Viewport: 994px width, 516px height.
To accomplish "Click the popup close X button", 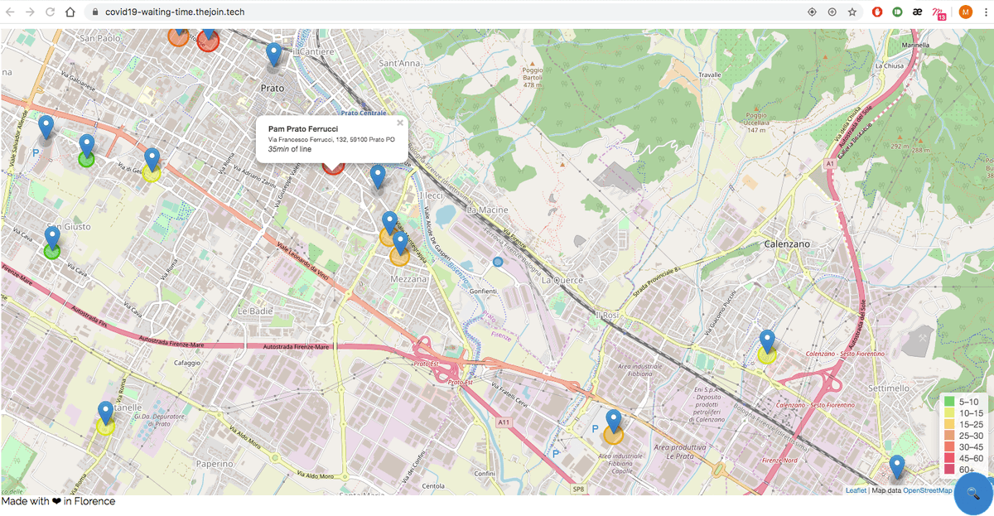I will click(400, 123).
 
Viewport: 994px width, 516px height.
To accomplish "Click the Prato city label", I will click(273, 87).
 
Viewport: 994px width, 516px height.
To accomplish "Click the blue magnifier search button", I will click(973, 494).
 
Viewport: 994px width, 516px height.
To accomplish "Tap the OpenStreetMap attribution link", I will click(927, 490).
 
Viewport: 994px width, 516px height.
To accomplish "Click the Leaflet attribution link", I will click(856, 490).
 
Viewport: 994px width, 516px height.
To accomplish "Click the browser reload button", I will click(50, 12).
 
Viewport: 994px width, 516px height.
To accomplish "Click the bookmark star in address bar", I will click(852, 12).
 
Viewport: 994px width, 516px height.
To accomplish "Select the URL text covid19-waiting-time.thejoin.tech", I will click(174, 12).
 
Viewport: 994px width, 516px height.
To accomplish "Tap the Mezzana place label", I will click(409, 279).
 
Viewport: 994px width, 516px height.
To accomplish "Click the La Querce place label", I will click(562, 280).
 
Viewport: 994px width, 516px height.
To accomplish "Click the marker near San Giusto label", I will click(52, 239).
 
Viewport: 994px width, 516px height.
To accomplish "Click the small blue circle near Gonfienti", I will click(498, 262).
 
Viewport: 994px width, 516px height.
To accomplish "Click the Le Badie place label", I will click(255, 311).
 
